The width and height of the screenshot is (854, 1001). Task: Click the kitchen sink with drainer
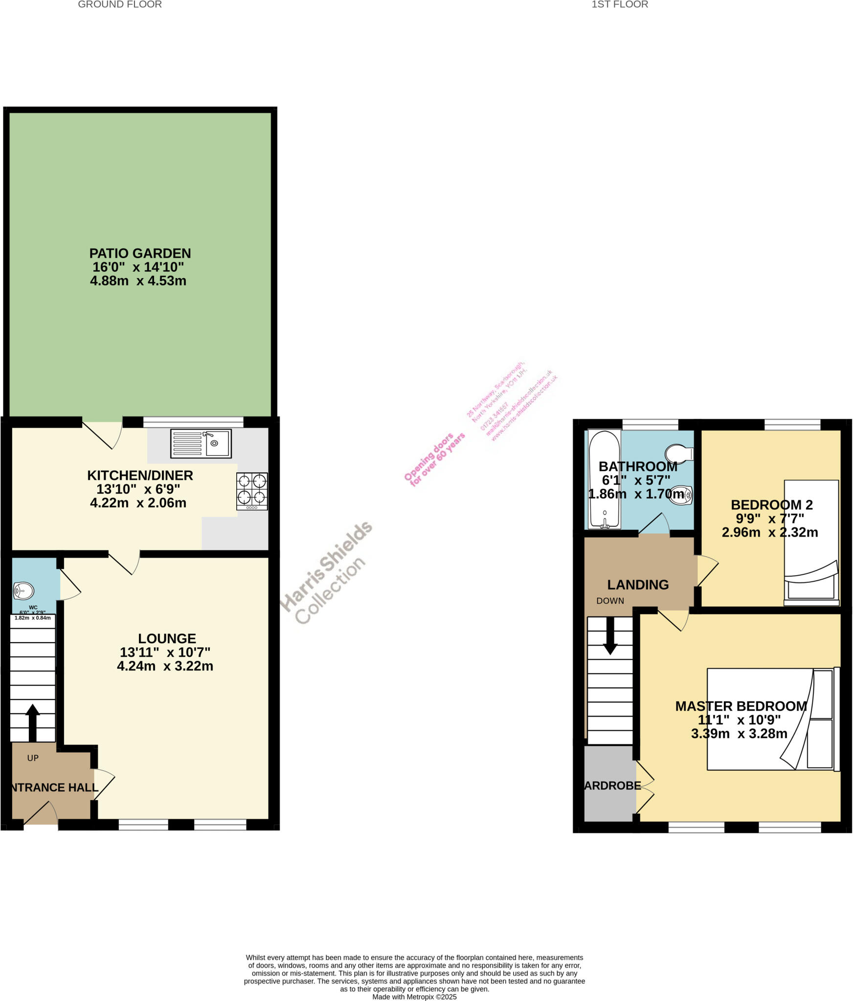click(201, 443)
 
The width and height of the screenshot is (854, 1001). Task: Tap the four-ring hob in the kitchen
click(252, 491)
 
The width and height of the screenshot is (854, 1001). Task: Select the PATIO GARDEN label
click(140, 253)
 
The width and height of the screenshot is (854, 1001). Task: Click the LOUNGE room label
click(167, 638)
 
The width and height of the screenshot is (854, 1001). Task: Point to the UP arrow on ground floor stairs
click(32, 722)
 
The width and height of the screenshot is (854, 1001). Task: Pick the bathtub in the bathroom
click(605, 479)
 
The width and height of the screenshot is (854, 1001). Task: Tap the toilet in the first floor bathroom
click(680, 453)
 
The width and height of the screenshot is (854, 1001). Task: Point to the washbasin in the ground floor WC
click(23, 590)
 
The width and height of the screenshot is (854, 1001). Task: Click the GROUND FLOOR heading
click(120, 4)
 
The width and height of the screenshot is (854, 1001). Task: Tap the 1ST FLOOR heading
click(620, 4)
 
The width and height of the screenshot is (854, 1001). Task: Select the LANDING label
click(638, 585)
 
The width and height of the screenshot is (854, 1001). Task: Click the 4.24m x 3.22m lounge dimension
click(165, 666)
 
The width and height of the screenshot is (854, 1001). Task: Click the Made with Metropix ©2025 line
click(414, 997)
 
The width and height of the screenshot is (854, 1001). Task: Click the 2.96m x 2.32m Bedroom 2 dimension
click(769, 532)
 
